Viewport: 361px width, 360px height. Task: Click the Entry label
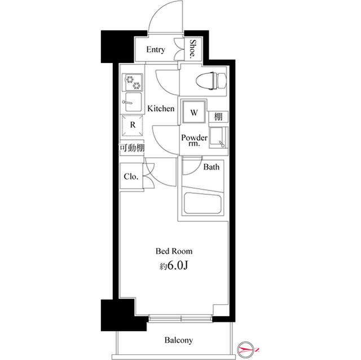tap(156, 50)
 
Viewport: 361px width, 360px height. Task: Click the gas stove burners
tap(131, 82)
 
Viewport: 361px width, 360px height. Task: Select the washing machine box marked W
tap(193, 112)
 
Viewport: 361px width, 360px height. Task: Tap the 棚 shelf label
tap(217, 117)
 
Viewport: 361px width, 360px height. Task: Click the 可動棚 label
tap(131, 148)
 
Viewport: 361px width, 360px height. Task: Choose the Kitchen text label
tap(161, 108)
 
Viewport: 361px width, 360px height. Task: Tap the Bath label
tap(212, 167)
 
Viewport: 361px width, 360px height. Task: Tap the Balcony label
tap(179, 340)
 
